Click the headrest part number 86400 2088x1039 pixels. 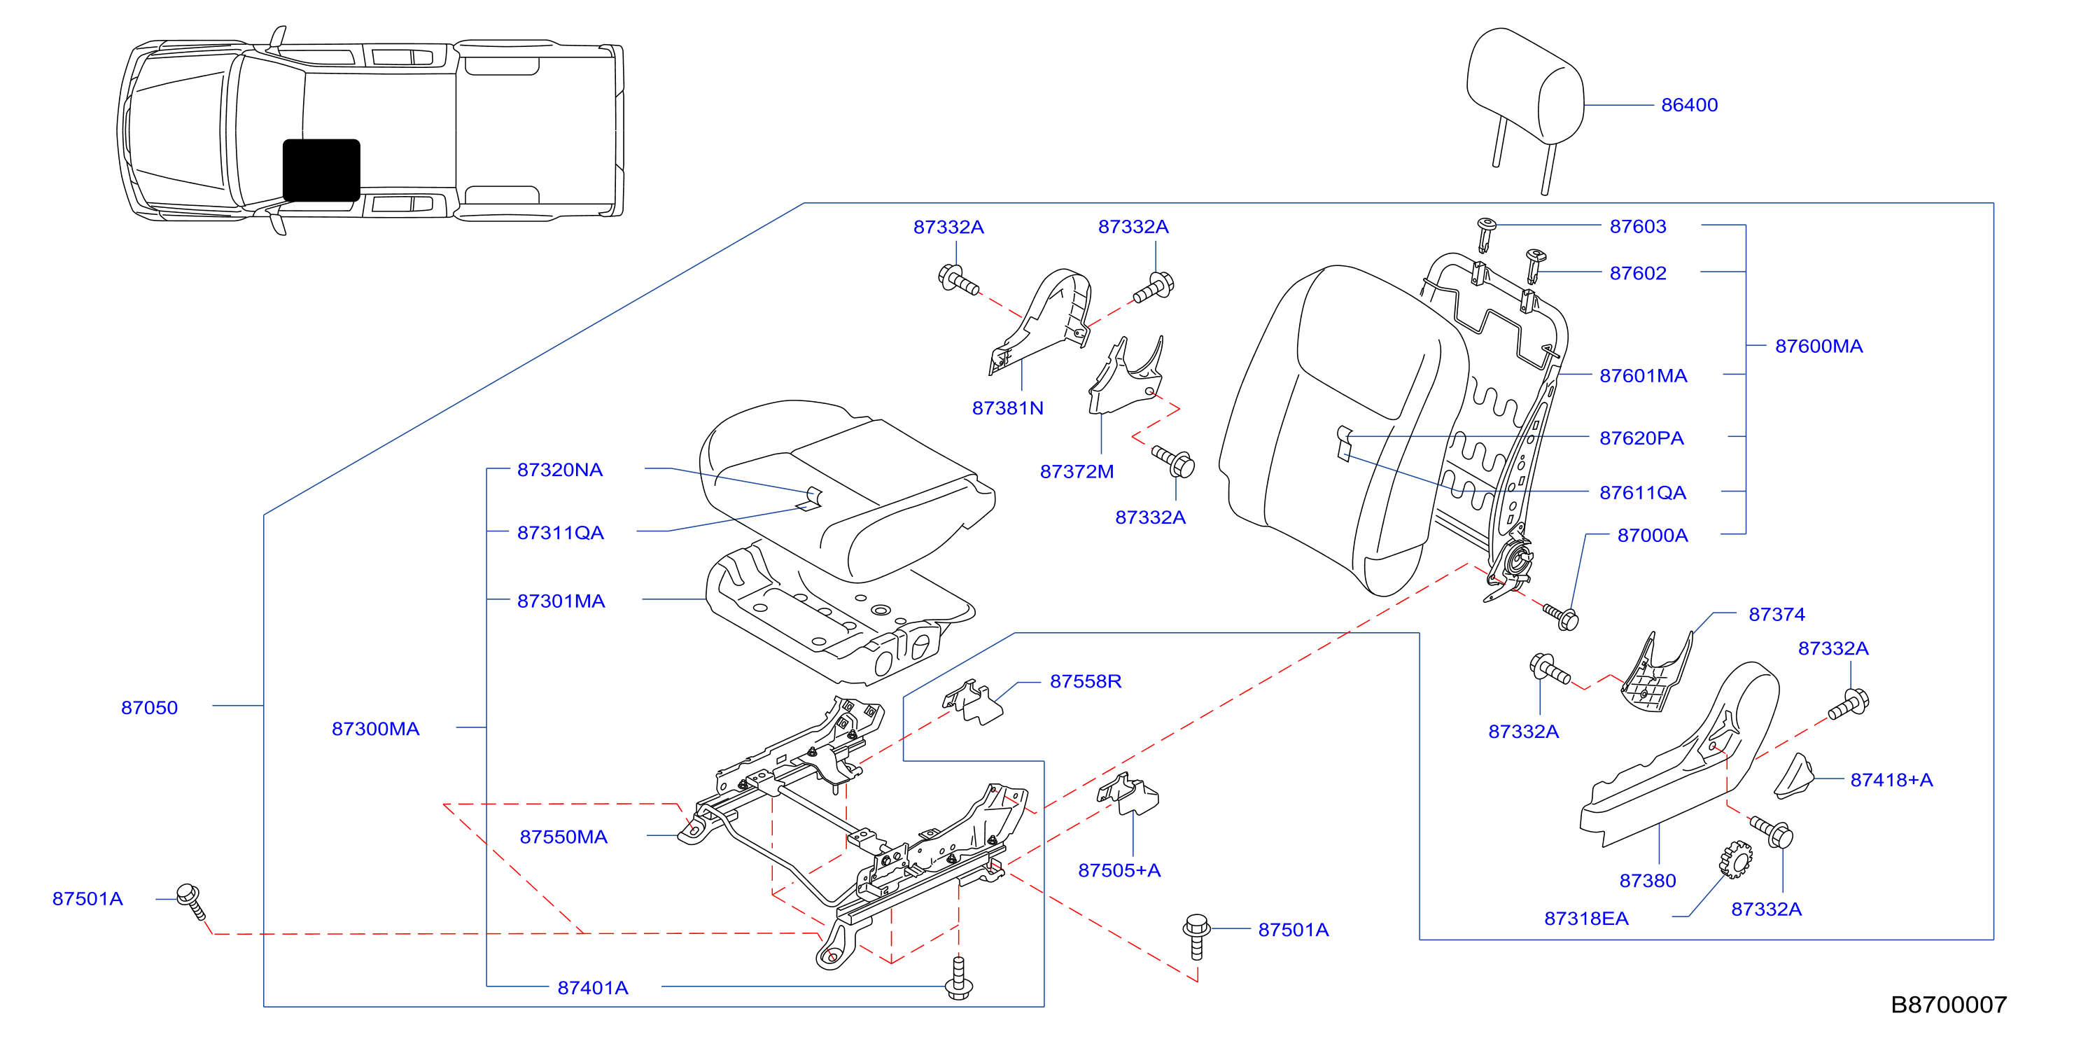coord(1689,105)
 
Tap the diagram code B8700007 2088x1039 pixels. coord(1949,1005)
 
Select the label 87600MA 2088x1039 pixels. coord(1819,346)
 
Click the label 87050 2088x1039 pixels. coord(149,708)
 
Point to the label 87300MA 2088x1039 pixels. coord(375,729)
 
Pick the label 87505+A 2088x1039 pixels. coord(1119,870)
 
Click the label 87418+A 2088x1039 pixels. coord(1891,780)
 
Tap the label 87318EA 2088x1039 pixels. coord(1586,919)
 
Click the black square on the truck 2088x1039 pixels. coord(322,170)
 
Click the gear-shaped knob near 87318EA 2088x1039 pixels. coord(1735,859)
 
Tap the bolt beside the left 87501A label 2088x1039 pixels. coord(192,901)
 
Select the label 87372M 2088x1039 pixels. coord(1077,472)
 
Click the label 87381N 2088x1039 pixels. coord(1007,408)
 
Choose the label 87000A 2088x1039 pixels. coord(1653,536)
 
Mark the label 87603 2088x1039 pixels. coord(1637,227)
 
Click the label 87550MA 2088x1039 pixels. coord(563,837)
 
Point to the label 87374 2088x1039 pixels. coord(1777,614)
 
